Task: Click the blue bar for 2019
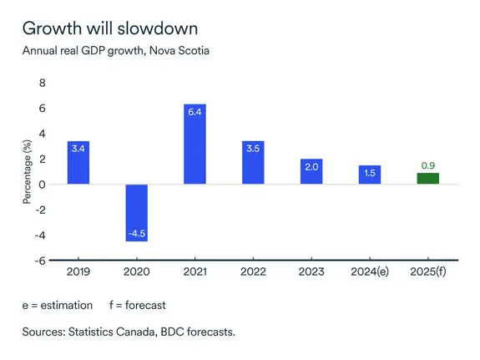78,163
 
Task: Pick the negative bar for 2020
137,212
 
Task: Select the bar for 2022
253,163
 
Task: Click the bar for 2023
311,172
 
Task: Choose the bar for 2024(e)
370,175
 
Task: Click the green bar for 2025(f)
427,179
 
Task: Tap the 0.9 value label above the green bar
427,165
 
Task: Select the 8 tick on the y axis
43,84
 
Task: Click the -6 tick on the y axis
40,260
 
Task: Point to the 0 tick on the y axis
43,185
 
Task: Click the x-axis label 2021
195,272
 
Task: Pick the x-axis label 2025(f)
427,272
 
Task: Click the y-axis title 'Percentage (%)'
27,171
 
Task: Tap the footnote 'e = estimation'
57,306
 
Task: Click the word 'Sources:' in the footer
46,332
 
